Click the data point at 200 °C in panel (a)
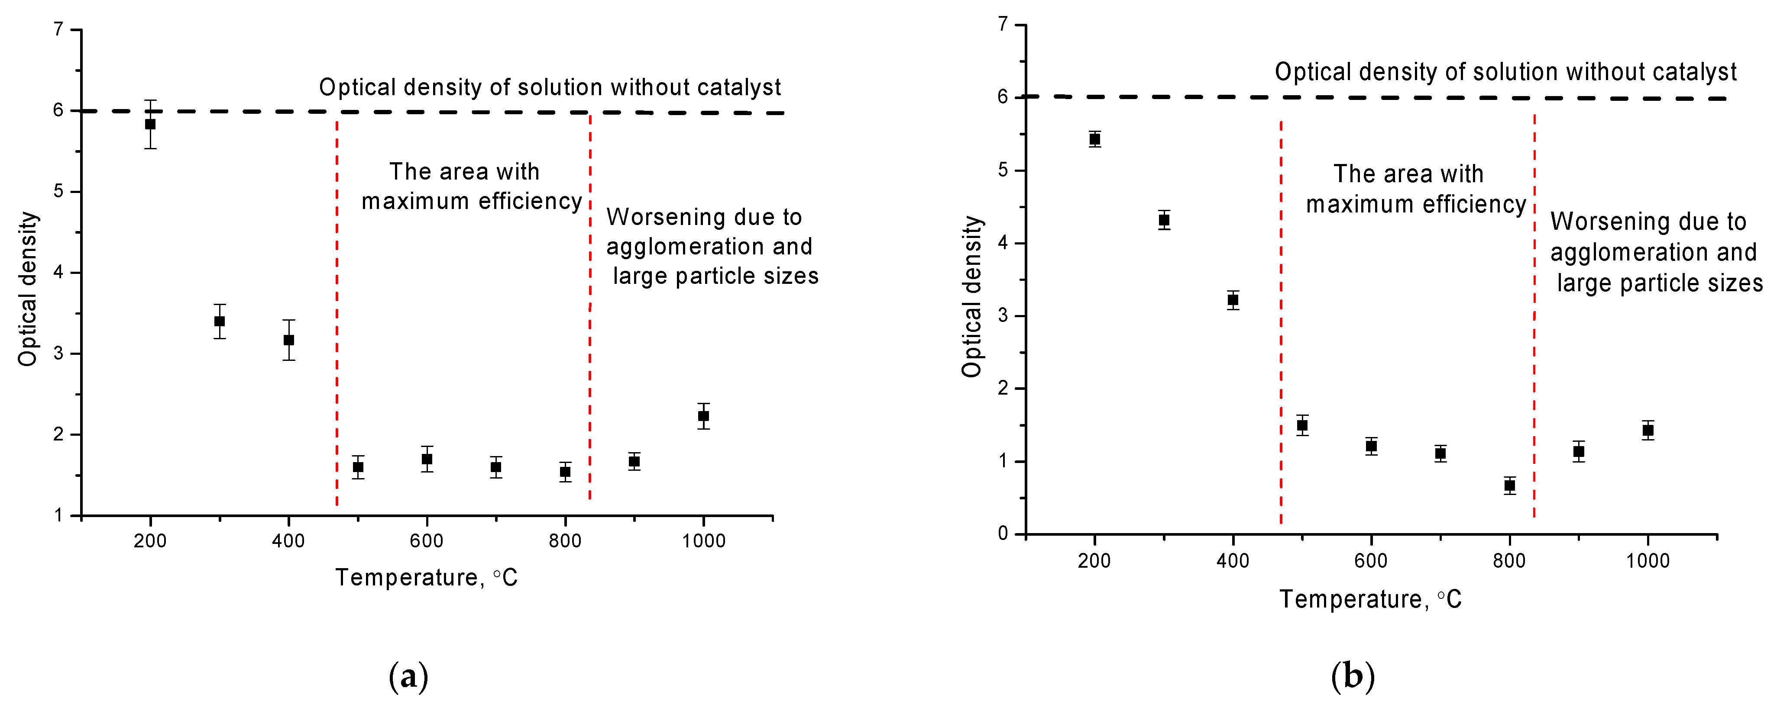click(x=150, y=124)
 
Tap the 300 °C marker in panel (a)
click(x=220, y=321)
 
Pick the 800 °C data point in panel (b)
click(x=1509, y=485)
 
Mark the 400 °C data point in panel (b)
click(x=1233, y=300)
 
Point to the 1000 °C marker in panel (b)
click(x=1648, y=430)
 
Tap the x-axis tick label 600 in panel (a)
click(x=426, y=541)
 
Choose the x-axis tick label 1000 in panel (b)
click(x=1648, y=561)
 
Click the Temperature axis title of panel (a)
click(x=426, y=577)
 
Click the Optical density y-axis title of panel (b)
click(x=971, y=296)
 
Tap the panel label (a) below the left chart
click(x=408, y=676)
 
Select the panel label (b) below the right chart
click(x=1352, y=676)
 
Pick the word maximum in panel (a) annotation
click(x=416, y=201)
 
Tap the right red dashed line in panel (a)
click(x=590, y=310)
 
